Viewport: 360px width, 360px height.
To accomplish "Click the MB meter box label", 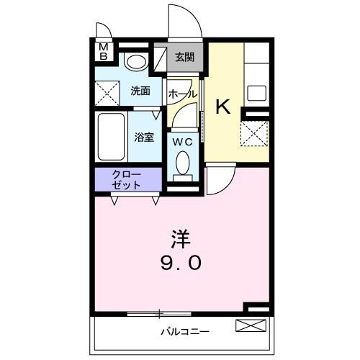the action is point(104,52).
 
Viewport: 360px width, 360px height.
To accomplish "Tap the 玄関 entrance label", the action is point(184,58).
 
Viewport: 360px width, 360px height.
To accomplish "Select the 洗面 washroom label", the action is point(140,91).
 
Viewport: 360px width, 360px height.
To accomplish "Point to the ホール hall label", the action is point(182,94).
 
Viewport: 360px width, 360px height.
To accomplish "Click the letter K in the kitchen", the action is point(223,107).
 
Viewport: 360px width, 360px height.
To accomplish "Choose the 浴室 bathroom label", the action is point(144,137).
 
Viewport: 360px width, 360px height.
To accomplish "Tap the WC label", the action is point(183,143).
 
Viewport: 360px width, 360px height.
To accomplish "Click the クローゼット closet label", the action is point(126,180).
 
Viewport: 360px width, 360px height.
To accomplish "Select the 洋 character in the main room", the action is point(181,239).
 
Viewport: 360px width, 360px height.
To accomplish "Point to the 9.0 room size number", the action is point(181,263).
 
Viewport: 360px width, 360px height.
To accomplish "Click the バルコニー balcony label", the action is point(185,332).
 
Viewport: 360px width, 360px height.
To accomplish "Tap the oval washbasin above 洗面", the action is point(136,62).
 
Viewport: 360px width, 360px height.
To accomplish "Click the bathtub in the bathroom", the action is point(111,137).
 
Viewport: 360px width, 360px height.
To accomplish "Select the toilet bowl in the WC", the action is point(183,163).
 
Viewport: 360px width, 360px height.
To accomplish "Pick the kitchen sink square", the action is point(257,93).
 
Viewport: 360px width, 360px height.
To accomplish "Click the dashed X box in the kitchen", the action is point(254,133).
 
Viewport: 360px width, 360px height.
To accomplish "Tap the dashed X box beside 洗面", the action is point(107,94).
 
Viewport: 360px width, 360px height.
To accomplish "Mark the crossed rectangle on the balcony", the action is point(251,325).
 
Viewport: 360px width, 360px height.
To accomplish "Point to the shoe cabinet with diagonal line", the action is point(160,59).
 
